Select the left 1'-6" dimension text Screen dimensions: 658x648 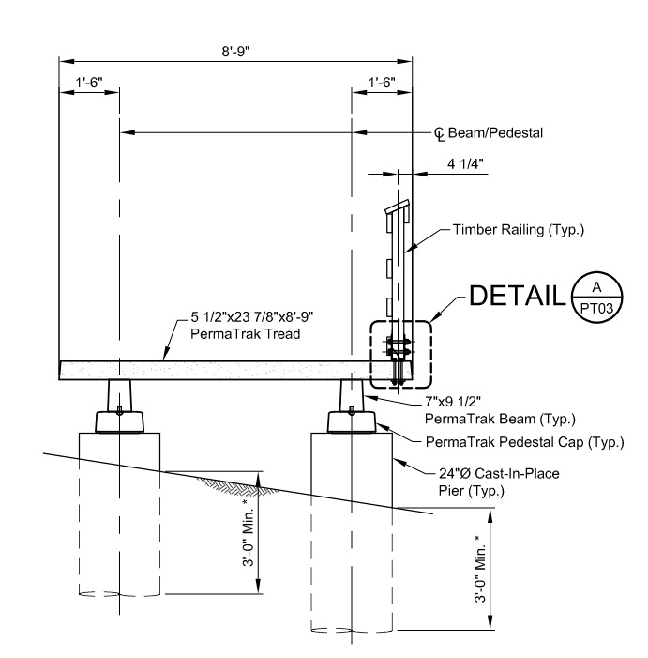tap(90, 82)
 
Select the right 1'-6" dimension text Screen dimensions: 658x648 tap(382, 82)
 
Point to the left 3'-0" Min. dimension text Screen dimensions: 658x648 tap(249, 533)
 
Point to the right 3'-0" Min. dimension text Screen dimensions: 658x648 tap(482, 572)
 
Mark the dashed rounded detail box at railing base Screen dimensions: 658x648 tap(400, 354)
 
